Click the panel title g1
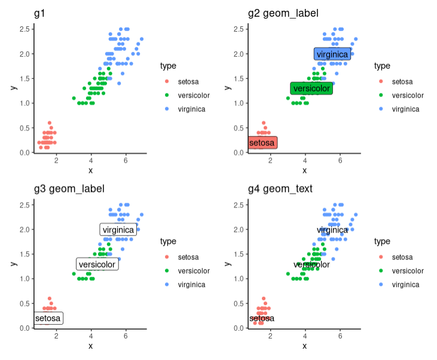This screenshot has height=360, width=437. pyautogui.click(x=40, y=13)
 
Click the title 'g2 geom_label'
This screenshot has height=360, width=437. pyautogui.click(x=283, y=13)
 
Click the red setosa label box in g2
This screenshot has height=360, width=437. pyautogui.click(x=262, y=143)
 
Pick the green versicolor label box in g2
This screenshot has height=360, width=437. pyautogui.click(x=311, y=89)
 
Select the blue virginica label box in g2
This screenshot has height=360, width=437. pyautogui.click(x=332, y=54)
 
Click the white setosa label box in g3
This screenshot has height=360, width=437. pyautogui.click(x=48, y=318)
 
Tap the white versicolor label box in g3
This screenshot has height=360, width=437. pyautogui.click(x=97, y=264)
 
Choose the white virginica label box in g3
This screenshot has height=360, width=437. pyautogui.click(x=118, y=230)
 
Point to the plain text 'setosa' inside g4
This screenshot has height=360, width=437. pyautogui.click(x=262, y=319)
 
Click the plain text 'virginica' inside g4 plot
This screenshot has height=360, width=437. pyautogui.click(x=332, y=230)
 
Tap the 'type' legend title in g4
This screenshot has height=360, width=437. pyautogui.click(x=382, y=242)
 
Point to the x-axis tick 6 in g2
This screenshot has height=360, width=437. pyautogui.click(x=340, y=160)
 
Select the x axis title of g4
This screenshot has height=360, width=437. pyautogui.click(x=304, y=346)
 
